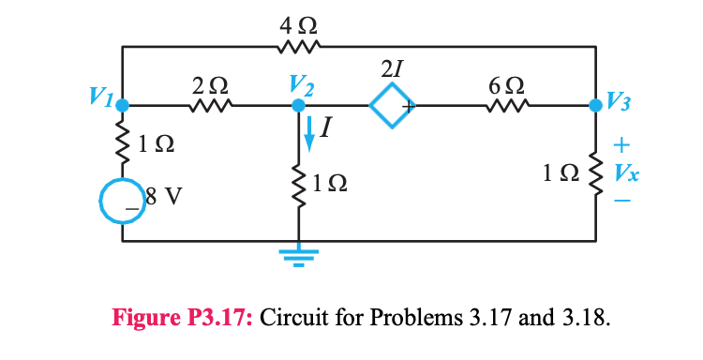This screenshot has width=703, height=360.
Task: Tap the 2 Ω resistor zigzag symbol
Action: pyautogui.click(x=205, y=107)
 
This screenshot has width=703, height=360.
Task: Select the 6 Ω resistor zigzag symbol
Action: pyautogui.click(x=499, y=107)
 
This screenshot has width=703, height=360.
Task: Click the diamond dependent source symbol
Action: pyautogui.click(x=391, y=107)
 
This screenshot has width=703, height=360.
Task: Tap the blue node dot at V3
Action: pyautogui.click(x=596, y=107)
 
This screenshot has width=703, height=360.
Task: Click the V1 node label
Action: pyautogui.click(x=101, y=95)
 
